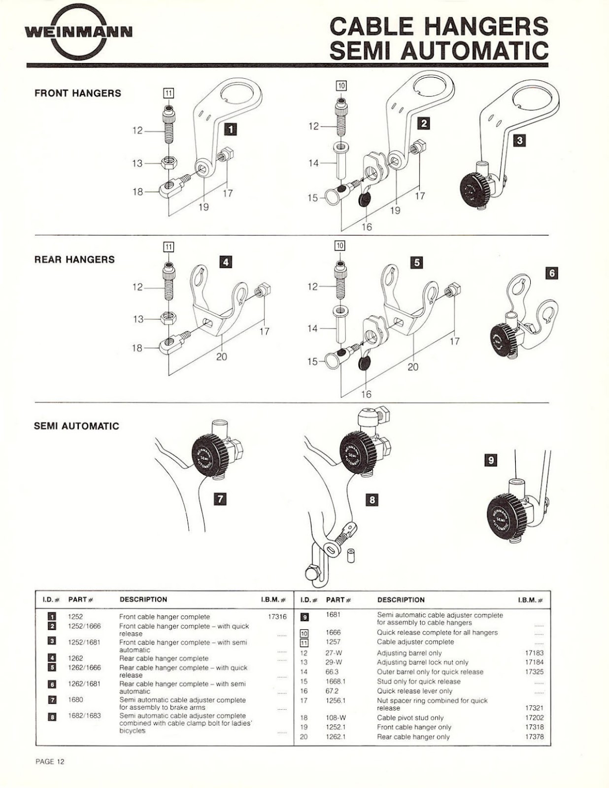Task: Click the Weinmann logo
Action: click(79, 33)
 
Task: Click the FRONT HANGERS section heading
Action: click(78, 93)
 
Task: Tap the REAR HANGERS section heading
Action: click(74, 259)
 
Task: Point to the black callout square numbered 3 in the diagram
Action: click(519, 140)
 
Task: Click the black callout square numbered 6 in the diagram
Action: click(552, 273)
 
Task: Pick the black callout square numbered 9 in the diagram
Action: click(491, 460)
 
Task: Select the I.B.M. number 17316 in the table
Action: click(277, 617)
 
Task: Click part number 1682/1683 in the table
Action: click(85, 716)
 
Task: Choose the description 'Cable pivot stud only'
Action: click(410, 718)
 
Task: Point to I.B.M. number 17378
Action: click(534, 736)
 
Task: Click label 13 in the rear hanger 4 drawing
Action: click(138, 319)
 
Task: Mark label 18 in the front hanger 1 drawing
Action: click(138, 192)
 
